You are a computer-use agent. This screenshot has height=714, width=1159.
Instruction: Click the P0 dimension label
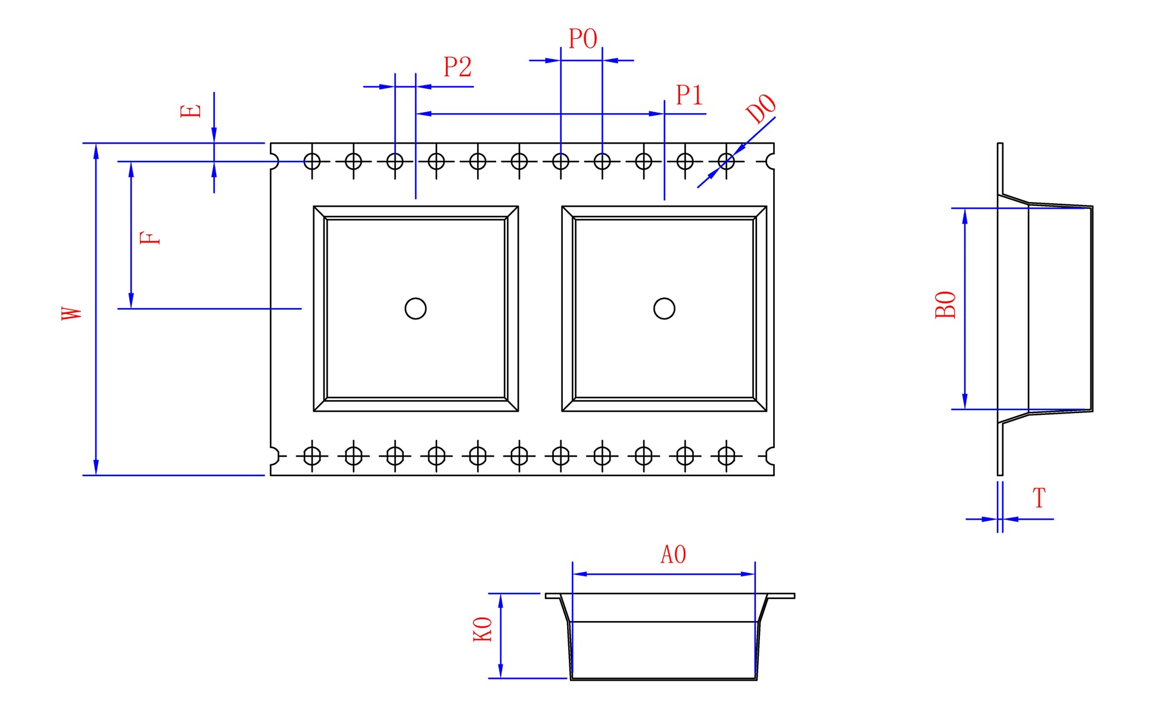point(582,39)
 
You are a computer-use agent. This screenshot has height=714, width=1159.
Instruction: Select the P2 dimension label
point(457,67)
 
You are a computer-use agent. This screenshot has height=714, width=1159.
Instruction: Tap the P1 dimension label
point(689,95)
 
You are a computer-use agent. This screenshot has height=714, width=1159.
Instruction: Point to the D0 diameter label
point(761,108)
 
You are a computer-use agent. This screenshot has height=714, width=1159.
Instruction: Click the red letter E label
point(191,111)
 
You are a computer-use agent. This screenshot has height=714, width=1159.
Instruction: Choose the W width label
point(71,313)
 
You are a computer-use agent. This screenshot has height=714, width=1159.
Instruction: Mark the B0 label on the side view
point(946,305)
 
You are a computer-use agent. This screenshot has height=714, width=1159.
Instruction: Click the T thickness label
point(1039,498)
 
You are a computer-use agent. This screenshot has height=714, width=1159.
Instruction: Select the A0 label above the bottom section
point(673,555)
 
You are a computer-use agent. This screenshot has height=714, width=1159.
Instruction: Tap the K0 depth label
point(483,629)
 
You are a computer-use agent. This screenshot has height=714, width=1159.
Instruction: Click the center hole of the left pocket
point(415,309)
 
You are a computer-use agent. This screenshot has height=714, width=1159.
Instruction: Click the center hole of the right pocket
point(664,309)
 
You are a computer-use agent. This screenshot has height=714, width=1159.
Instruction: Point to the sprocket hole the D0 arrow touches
point(726,161)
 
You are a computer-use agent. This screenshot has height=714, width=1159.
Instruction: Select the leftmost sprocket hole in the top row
point(312,161)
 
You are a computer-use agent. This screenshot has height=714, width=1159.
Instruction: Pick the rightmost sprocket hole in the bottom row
point(726,456)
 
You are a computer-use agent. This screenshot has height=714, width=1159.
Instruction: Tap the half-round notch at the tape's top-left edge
point(275,161)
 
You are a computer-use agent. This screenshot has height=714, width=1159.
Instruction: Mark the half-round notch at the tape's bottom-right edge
point(770,456)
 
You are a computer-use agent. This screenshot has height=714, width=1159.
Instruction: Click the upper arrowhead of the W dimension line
point(96,151)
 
